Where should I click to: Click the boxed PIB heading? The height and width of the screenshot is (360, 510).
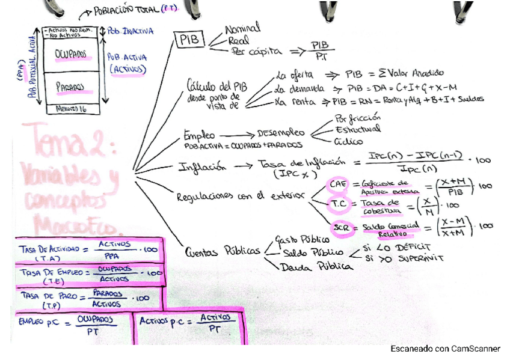point(190,40)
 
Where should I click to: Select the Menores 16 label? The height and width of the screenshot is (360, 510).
point(70,109)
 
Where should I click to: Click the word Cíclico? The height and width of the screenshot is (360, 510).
point(348,142)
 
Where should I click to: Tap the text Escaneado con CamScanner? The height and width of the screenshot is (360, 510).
point(445,348)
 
